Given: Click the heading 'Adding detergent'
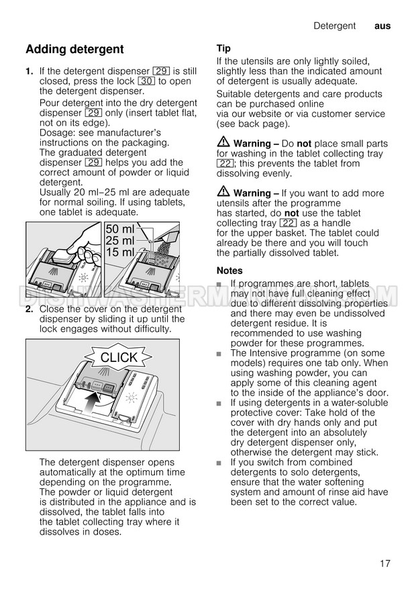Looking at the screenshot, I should [74, 49].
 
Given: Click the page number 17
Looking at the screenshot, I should [384, 563].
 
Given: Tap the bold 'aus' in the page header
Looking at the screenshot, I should [382, 26].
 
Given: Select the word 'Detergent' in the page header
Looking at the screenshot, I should [334, 26].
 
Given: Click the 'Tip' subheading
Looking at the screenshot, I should [223, 48].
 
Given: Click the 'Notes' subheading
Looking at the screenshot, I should [229, 270].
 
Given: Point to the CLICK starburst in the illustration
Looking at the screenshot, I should [118, 357].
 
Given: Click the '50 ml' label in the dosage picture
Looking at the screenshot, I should [120, 230].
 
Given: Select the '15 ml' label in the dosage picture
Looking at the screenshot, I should [120, 253].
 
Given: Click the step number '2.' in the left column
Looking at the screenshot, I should [30, 309].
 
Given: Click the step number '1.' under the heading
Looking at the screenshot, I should [30, 71].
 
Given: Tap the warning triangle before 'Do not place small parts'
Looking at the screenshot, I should [223, 143].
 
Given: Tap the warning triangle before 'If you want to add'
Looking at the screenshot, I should [223, 192].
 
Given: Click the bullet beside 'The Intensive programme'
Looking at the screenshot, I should [219, 353].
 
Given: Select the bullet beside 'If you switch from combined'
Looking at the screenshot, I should [219, 463].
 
